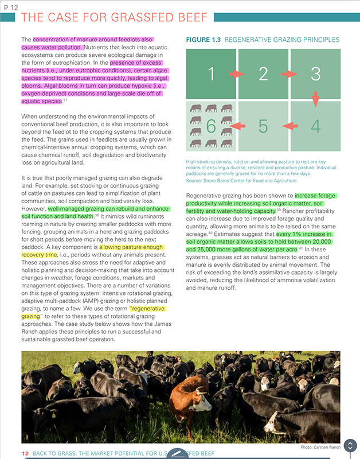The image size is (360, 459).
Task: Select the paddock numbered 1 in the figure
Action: point(211,73)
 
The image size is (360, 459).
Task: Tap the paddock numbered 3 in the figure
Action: point(315,73)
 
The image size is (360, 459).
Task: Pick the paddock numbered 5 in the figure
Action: point(263,126)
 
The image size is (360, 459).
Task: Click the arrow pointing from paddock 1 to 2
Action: point(237,74)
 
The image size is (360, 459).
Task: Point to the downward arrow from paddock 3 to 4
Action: point(315,99)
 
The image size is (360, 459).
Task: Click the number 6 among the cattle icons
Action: point(211,126)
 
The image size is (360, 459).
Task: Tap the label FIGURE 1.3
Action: point(204,40)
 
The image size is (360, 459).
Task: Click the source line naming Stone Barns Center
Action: point(241,181)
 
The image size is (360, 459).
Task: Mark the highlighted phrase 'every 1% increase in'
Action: point(304,235)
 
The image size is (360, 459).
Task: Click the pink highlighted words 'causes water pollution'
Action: point(52,46)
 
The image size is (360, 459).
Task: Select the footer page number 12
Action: point(25,453)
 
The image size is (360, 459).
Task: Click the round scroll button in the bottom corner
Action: point(349,446)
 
